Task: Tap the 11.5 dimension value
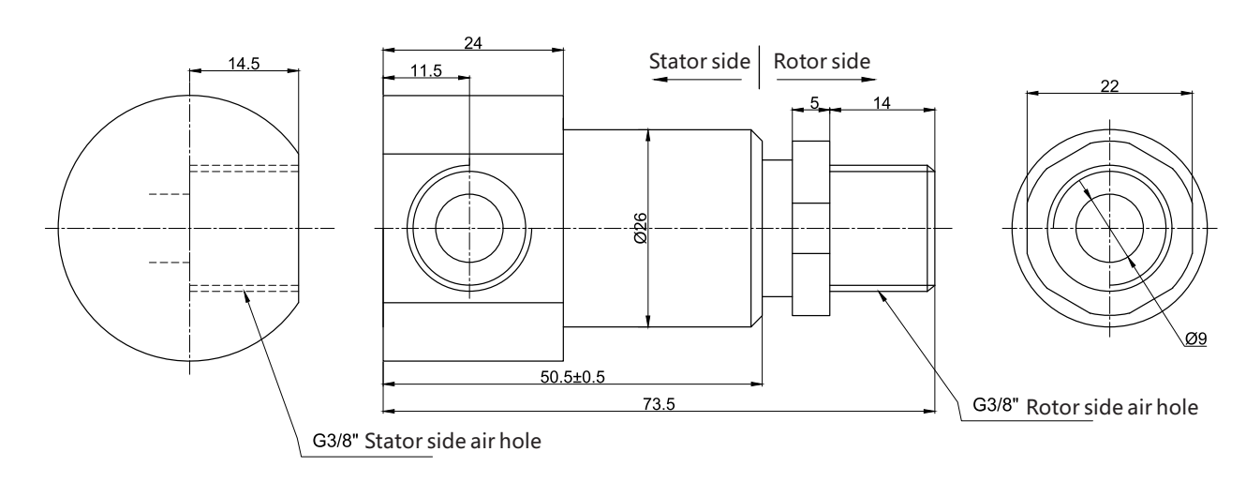click(x=425, y=72)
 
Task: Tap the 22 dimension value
click(x=1110, y=85)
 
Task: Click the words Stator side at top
click(x=700, y=61)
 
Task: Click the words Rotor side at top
click(x=822, y=61)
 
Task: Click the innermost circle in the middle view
click(x=468, y=228)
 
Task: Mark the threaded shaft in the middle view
click(x=882, y=228)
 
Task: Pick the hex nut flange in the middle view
click(x=810, y=228)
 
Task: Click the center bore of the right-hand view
click(x=1109, y=228)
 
